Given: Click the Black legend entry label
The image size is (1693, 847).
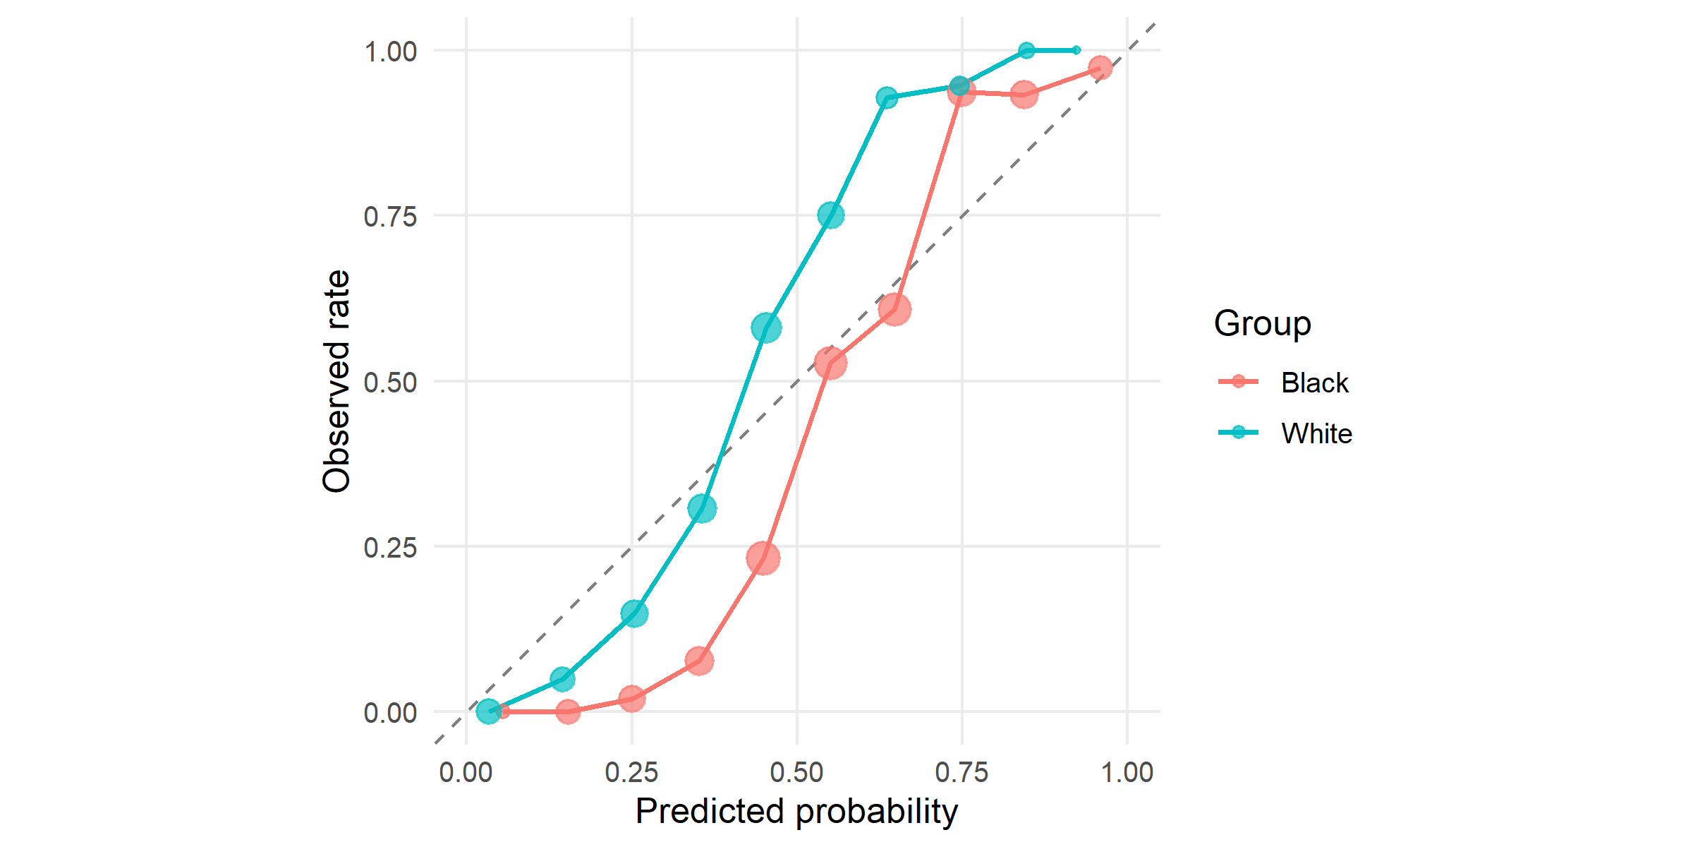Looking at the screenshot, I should tap(1314, 383).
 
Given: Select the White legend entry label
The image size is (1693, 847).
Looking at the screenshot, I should tap(1316, 433).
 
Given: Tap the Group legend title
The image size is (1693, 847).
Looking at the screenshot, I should tap(1262, 323).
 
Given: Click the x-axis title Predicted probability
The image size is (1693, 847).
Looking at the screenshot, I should tap(796, 811).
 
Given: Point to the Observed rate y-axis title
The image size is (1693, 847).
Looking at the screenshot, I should tap(336, 381).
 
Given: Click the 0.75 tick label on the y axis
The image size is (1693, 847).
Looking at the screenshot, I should tap(390, 217).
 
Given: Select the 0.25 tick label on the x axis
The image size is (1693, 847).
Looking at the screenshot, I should tap(631, 772).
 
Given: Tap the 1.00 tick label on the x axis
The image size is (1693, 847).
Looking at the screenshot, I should tap(1127, 772).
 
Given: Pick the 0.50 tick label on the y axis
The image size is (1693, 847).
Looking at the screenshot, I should tap(390, 383).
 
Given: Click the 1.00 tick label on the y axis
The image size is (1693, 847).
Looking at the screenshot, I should tap(390, 52).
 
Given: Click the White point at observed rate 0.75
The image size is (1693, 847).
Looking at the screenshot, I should tap(831, 215).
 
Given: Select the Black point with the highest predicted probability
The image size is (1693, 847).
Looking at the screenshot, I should tap(1100, 68).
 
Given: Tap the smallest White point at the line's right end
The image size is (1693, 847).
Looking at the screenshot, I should tap(1076, 50).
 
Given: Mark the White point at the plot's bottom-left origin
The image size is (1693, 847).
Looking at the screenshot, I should tap(488, 711).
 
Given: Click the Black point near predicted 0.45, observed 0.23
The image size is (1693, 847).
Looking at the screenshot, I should tap(763, 558).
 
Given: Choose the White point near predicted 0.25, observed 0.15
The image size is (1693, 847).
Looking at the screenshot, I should tap(634, 613).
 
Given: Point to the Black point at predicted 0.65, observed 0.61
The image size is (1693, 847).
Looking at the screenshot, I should tap(894, 309).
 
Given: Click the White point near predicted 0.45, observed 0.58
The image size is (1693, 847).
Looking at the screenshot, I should tap(766, 328).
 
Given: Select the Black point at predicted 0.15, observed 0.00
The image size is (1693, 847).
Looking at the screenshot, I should tap(568, 711).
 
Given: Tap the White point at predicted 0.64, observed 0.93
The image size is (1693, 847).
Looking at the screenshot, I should tap(887, 97).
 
